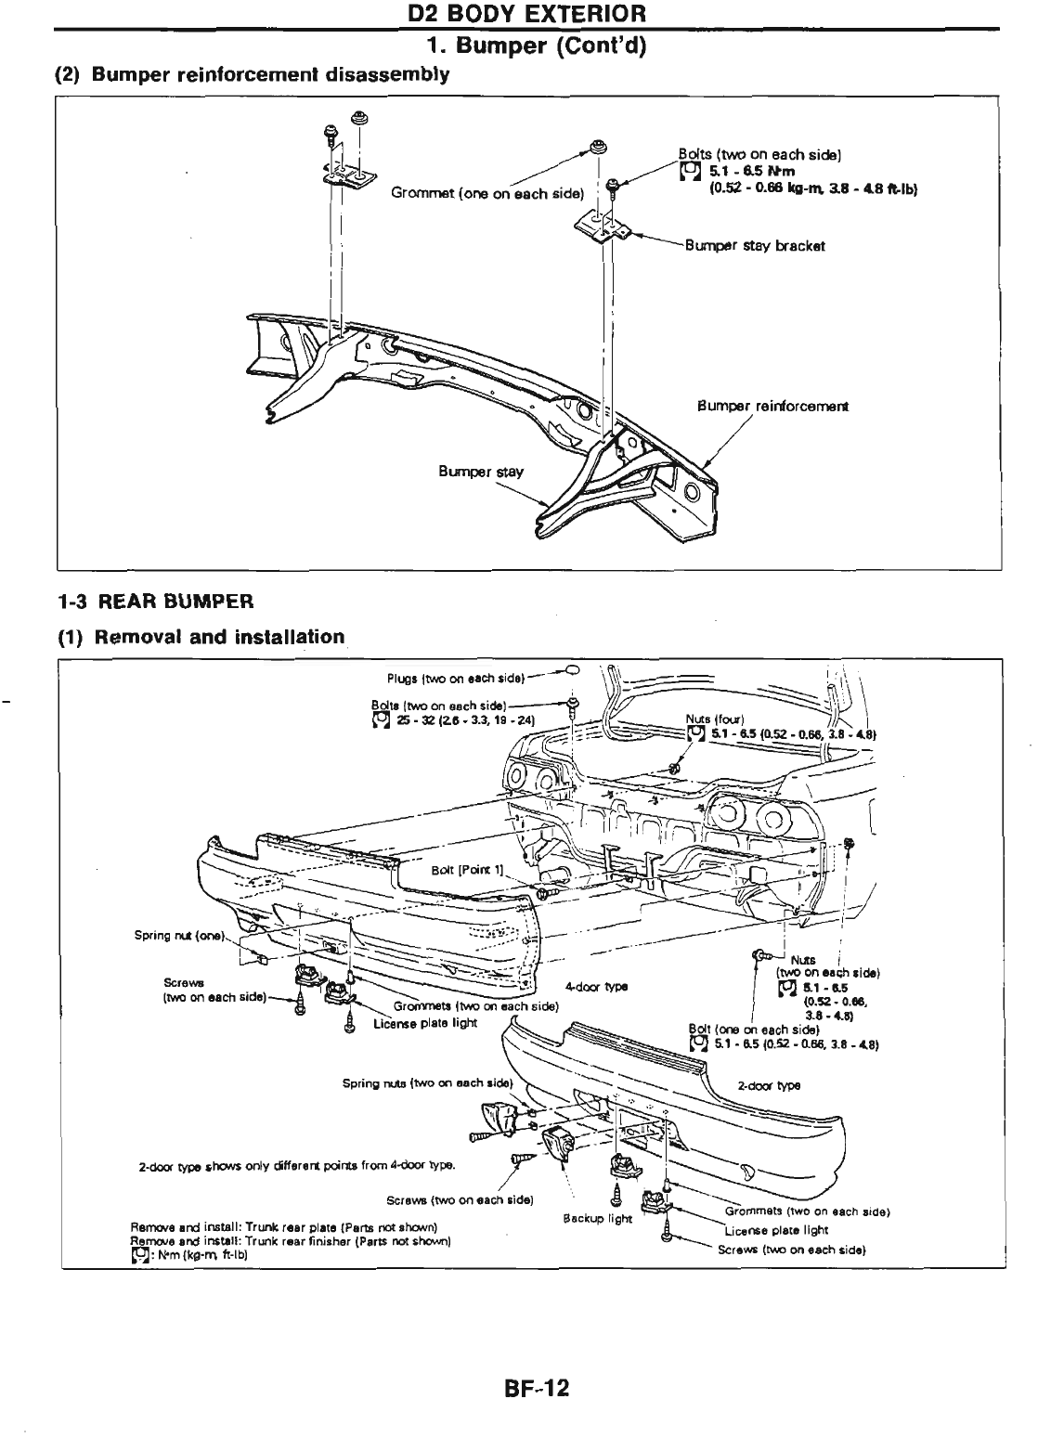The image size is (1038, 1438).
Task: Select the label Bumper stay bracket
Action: tap(754, 246)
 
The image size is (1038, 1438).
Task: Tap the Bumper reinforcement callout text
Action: tap(772, 406)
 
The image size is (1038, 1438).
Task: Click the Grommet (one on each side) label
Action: tap(487, 193)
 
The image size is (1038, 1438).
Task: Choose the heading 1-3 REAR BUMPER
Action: tap(155, 602)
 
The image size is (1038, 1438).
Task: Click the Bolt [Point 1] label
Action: tap(467, 871)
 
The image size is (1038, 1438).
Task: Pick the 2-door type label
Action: tap(769, 1085)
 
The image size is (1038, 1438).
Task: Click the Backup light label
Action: tap(597, 1218)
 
